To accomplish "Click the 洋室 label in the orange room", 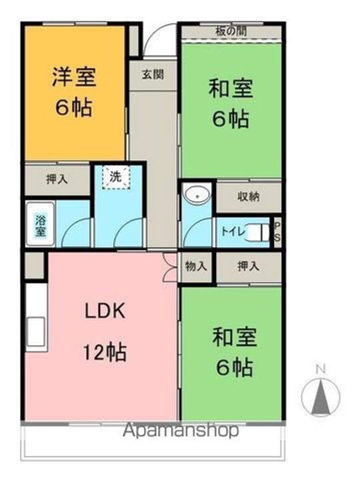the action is (x=75, y=77).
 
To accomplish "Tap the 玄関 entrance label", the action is (x=153, y=75).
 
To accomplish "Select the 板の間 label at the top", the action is (x=231, y=31).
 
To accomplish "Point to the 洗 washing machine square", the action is (x=116, y=177).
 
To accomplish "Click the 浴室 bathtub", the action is (x=41, y=224).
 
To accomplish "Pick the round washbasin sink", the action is (x=198, y=195).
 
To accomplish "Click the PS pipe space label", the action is (x=277, y=232).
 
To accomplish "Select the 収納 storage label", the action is (x=249, y=197).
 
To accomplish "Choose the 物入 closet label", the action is (x=196, y=266).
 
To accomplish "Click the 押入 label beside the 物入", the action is (x=248, y=266).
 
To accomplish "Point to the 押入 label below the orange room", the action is (x=57, y=179).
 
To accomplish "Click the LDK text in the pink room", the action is (x=105, y=311).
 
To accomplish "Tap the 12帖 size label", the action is (x=105, y=352).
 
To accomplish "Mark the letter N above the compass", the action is (x=321, y=369).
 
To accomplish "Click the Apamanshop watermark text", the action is (x=181, y=430).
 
